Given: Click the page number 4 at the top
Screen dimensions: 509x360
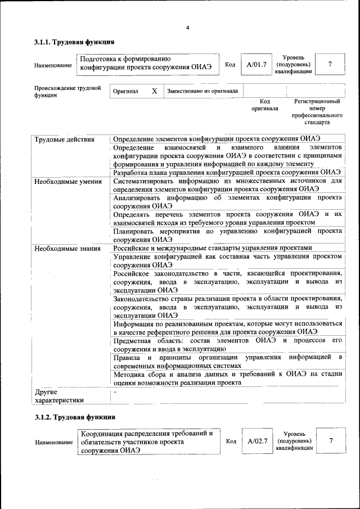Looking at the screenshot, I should (188, 28).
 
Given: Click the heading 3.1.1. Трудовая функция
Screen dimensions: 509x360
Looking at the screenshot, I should (74, 42).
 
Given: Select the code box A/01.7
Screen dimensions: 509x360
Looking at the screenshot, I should (256, 65).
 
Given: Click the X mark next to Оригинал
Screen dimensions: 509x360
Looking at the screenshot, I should (154, 91).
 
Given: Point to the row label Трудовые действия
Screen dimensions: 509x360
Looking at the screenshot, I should (64, 139).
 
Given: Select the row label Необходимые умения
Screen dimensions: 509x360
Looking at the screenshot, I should (68, 182).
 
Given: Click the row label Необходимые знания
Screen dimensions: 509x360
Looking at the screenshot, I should (67, 248).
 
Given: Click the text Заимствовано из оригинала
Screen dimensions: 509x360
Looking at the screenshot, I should (202, 91).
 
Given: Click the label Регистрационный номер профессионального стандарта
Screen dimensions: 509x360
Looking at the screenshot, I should (317, 111).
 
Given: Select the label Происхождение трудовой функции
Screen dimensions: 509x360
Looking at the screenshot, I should (67, 92).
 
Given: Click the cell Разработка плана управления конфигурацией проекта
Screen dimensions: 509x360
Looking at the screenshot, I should (227, 172).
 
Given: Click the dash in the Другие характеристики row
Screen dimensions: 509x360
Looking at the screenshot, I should (115, 390).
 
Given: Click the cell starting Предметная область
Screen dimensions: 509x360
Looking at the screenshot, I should (228, 345).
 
